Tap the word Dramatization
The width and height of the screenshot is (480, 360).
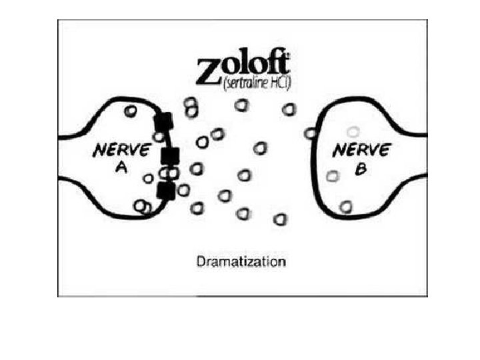pyautogui.click(x=241, y=261)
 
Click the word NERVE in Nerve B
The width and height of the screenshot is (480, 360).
pyautogui.click(x=361, y=150)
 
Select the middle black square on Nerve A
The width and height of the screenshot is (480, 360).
pyautogui.click(x=171, y=157)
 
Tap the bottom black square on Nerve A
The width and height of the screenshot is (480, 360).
pyautogui.click(x=165, y=191)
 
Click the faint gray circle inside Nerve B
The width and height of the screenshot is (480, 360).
pyautogui.click(x=353, y=132)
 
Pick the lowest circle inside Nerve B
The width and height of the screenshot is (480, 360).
pyautogui.click(x=345, y=207)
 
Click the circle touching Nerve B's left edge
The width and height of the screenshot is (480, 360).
pyautogui.click(x=310, y=134)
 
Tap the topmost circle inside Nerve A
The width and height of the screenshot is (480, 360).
pyautogui.click(x=131, y=112)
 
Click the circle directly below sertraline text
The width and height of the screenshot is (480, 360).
pyautogui.click(x=241, y=105)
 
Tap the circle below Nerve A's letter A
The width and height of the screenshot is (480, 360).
pyautogui.click(x=149, y=178)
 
